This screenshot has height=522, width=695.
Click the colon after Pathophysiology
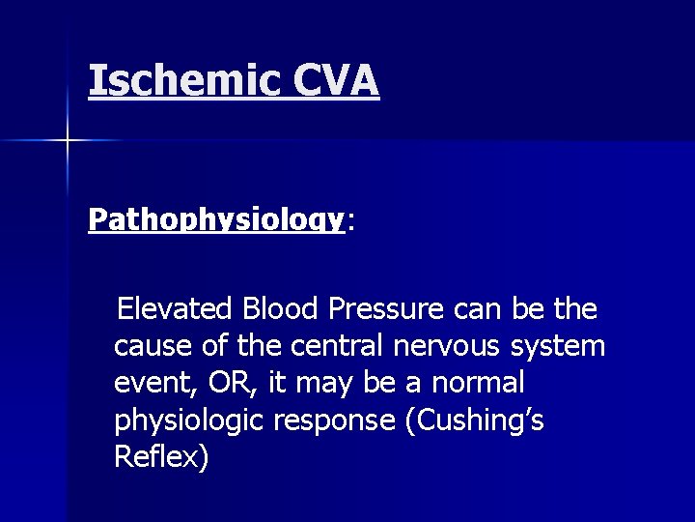[x=350, y=222]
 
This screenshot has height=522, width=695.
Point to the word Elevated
[x=175, y=309]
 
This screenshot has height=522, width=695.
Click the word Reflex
[x=157, y=457]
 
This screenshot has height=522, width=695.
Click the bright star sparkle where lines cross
[x=68, y=141]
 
